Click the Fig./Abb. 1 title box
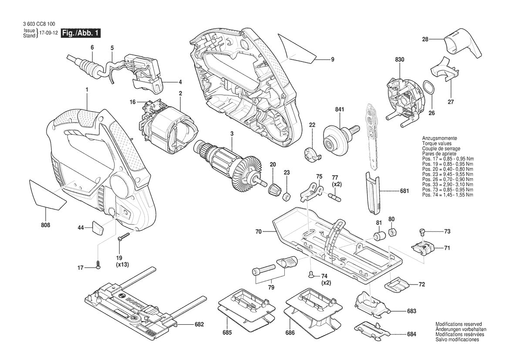(81, 33)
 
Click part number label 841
(340, 109)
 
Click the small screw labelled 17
(98, 265)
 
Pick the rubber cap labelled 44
(98, 228)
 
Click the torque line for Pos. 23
(448, 174)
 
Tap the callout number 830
(400, 59)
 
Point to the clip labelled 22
(312, 154)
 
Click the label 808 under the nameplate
(46, 225)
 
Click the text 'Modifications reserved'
(458, 324)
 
